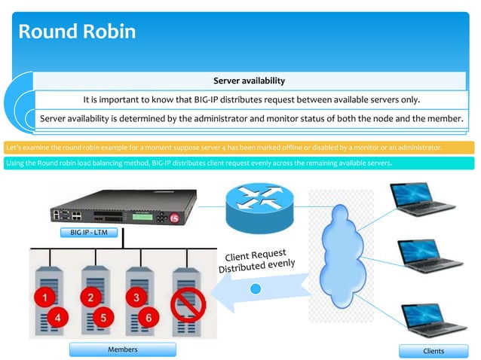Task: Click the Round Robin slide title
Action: click(76, 32)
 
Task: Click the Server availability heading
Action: click(249, 81)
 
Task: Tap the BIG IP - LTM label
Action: click(88, 233)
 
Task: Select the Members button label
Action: click(122, 349)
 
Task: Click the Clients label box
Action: click(434, 350)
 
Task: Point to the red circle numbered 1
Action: click(45, 298)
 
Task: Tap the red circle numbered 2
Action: click(91, 297)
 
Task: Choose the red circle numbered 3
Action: click(136, 297)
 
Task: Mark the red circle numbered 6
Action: click(149, 318)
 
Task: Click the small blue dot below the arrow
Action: click(256, 288)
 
